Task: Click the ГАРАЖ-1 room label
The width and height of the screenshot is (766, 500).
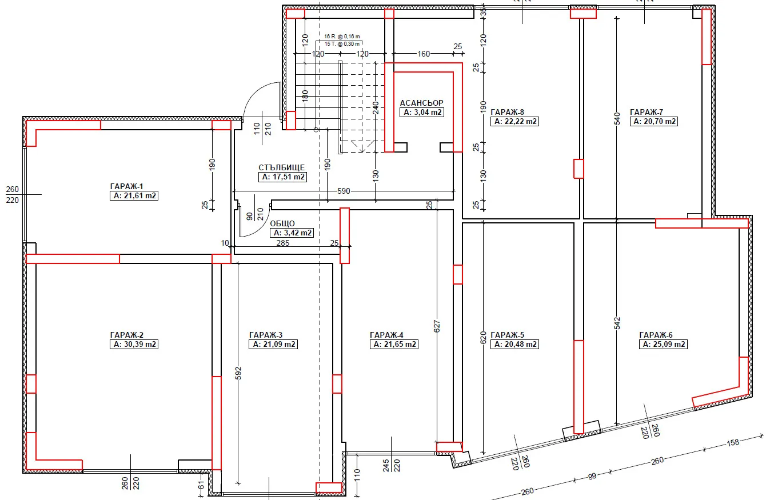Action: (126, 186)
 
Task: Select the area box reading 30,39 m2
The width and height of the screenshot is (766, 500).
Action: (134, 344)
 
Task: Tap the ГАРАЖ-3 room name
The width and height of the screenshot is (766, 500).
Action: (266, 335)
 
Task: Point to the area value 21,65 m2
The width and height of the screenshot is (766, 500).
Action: (394, 344)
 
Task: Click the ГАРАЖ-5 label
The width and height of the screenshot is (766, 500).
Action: (507, 335)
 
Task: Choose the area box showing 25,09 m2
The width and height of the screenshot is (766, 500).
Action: (663, 344)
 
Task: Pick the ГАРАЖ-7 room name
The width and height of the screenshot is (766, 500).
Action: (647, 112)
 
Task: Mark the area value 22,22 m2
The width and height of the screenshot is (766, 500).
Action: (514, 121)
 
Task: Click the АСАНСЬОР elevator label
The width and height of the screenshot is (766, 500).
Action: (422, 103)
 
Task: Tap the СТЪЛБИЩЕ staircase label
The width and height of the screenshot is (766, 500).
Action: (281, 167)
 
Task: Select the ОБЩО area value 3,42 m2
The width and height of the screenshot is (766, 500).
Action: (292, 233)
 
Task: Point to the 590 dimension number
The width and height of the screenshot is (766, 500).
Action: (344, 191)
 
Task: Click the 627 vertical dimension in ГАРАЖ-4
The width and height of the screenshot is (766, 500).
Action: (437, 326)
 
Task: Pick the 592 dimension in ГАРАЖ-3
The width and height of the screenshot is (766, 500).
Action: (239, 373)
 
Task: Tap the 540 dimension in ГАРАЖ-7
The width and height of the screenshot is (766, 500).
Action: (617, 119)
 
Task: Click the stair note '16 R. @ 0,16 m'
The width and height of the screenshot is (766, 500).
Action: (342, 36)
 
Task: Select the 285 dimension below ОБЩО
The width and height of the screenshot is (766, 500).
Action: (283, 243)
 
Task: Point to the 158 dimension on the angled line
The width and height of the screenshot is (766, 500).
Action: (733, 443)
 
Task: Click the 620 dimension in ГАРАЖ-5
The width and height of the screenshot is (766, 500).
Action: (483, 338)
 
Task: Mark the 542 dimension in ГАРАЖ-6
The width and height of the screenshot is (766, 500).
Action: (617, 323)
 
